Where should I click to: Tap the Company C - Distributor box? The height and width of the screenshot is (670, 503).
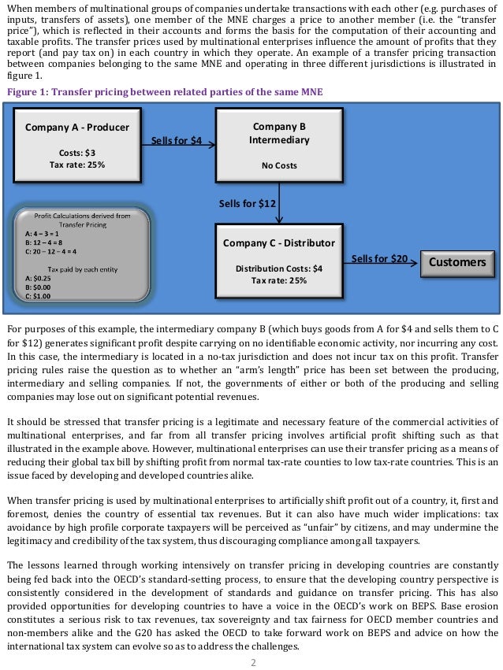pyautogui.click(x=279, y=259)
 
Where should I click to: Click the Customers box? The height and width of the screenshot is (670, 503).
pyautogui.click(x=457, y=261)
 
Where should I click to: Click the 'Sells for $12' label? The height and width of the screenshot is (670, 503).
pyautogui.click(x=248, y=203)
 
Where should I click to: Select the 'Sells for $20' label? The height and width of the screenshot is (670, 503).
pyautogui.click(x=379, y=258)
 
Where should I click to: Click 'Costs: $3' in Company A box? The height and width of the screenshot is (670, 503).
pyautogui.click(x=77, y=153)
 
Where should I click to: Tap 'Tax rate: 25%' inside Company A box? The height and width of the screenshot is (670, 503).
pyautogui.click(x=77, y=165)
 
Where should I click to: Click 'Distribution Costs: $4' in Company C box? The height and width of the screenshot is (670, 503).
pyautogui.click(x=279, y=268)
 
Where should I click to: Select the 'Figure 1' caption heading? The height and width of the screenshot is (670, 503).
pyautogui.click(x=165, y=92)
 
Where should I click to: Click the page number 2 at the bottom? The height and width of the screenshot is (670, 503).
pyautogui.click(x=253, y=663)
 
